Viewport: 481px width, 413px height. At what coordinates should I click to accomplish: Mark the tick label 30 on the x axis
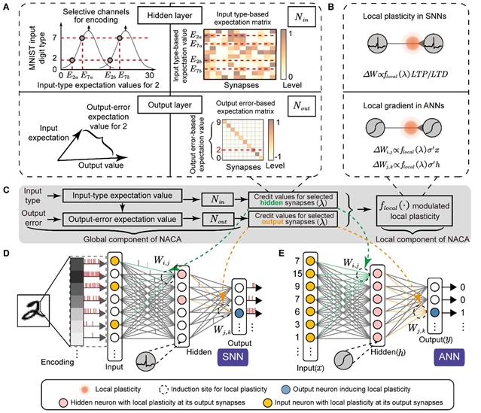(151, 76)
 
